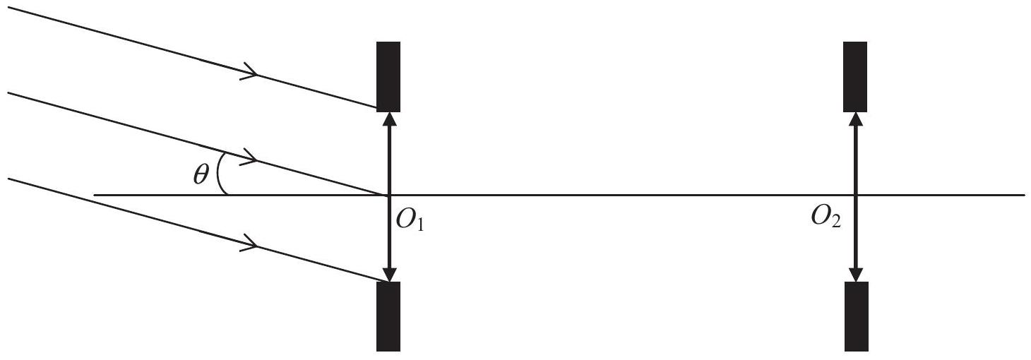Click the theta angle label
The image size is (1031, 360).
[201, 175]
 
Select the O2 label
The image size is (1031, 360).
[826, 217]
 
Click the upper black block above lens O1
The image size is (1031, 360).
[388, 77]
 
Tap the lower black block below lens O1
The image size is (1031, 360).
[388, 317]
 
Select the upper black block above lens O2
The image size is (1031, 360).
[855, 77]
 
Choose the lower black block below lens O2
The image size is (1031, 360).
[856, 317]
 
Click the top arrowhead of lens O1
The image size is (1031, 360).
[389, 119]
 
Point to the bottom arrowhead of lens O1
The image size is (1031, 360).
[389, 275]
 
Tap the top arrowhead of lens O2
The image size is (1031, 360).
[856, 119]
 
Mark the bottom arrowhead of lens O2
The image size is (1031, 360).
[856, 275]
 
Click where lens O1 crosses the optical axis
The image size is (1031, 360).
[389, 196]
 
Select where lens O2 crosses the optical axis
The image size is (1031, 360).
[856, 196]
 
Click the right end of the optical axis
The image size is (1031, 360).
[1025, 196]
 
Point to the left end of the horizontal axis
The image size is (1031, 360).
[95, 196]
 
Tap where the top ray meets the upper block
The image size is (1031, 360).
[377, 108]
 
